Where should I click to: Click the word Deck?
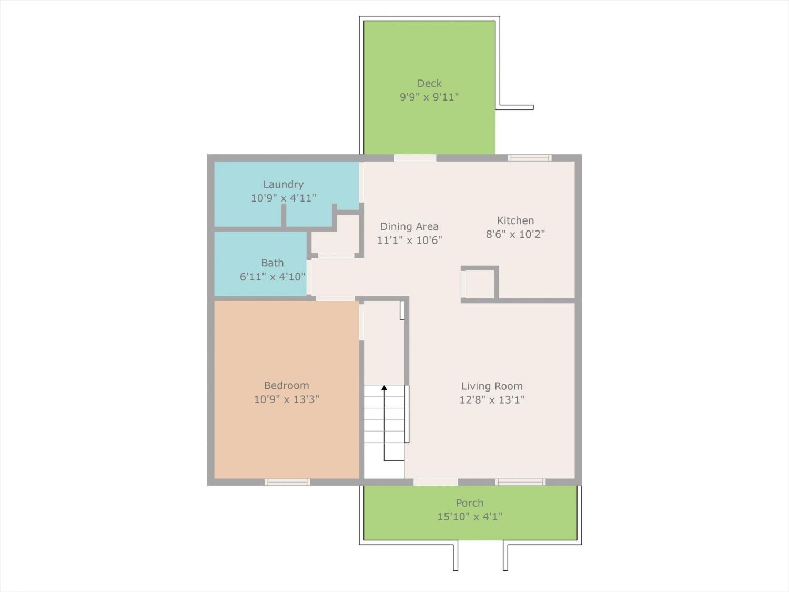point(429,83)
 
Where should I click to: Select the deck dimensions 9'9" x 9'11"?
point(429,97)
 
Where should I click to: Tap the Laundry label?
point(283,185)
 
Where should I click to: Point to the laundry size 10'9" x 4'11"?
point(283,198)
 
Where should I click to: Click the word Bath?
point(272,263)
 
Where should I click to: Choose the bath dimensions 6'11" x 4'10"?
point(272,277)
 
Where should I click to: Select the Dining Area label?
point(409,226)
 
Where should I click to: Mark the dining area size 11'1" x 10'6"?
point(409,240)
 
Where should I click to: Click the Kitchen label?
point(515,220)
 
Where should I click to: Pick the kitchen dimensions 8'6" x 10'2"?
point(515,234)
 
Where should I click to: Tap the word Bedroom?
point(287,385)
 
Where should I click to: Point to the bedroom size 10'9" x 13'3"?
point(287,399)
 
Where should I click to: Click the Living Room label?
point(492,386)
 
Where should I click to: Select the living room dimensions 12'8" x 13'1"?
point(492,400)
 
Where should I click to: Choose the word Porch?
point(469,503)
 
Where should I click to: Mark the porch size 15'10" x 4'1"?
point(469,517)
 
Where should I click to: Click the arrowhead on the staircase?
point(385,387)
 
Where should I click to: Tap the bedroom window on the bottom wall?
point(287,482)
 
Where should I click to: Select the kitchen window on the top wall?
point(530,158)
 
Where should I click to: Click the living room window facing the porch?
point(520,482)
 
